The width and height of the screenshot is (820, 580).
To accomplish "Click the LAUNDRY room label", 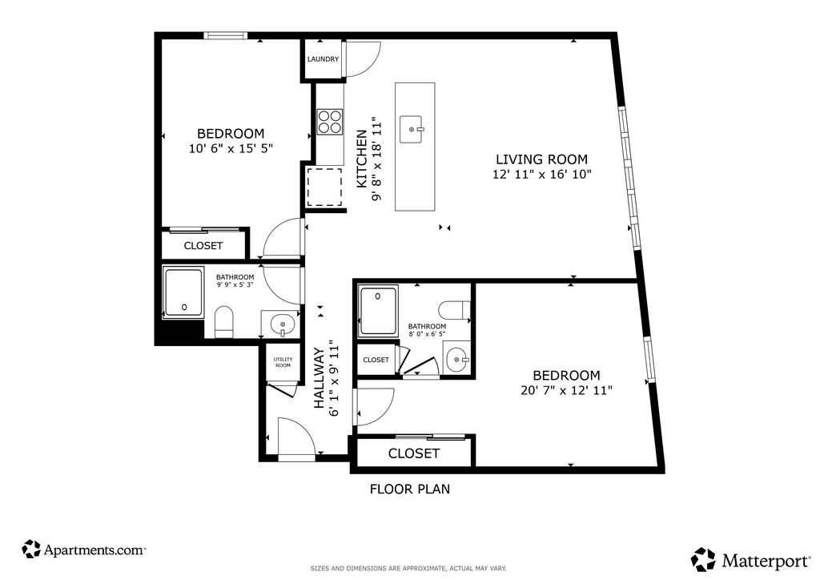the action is [323, 59].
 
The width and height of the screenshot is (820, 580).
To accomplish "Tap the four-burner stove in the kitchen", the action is [329, 122].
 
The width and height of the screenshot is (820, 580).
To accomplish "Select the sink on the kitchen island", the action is [412, 129].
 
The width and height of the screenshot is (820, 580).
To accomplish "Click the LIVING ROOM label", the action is [542, 159].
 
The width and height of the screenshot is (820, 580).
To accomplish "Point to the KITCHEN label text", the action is [362, 159].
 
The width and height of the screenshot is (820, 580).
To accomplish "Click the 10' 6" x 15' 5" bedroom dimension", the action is [231, 148].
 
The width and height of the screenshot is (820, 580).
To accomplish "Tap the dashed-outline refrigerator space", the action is [324, 187].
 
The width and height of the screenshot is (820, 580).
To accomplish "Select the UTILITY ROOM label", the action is [283, 362].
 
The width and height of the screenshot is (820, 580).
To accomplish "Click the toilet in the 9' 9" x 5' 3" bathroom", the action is [224, 321].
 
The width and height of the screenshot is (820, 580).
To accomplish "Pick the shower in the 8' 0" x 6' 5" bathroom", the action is [378, 310].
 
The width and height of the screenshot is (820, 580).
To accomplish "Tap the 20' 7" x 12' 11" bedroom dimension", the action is [566, 390].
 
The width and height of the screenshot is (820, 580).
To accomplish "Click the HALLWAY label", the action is [319, 378].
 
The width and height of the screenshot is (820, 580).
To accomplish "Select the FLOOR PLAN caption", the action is [410, 489].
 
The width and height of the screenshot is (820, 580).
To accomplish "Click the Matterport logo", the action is [751, 560].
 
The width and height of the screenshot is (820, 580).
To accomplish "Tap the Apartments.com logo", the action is [83, 549].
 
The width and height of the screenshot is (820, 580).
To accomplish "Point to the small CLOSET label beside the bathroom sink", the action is [376, 360].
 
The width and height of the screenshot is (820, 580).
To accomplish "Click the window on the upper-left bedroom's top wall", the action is [224, 35].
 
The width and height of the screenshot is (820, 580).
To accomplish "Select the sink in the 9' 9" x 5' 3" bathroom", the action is [283, 324].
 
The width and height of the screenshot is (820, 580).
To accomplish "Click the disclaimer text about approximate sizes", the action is [408, 568].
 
